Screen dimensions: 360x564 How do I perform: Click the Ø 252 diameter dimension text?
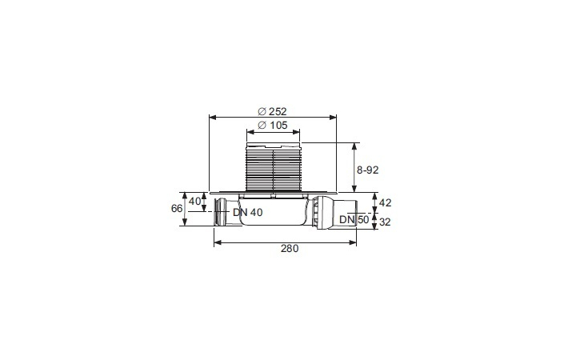click(273, 110)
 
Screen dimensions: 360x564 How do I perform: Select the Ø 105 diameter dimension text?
click(273, 126)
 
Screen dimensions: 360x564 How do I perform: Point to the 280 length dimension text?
click(289, 248)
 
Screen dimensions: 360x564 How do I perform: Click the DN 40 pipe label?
click(247, 213)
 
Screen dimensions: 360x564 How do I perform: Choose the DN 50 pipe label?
click(351, 218)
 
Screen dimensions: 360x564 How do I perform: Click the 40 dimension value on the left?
click(195, 200)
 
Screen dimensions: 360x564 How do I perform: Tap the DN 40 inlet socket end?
click(220, 214)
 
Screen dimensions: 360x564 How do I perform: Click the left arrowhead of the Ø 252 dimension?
click(212, 117)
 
